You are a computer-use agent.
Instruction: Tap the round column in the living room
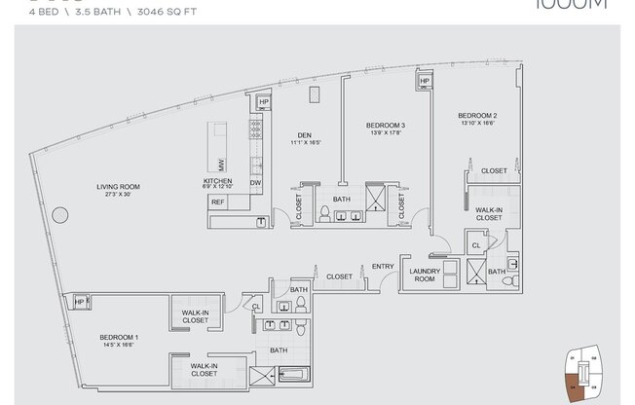coord(60,213)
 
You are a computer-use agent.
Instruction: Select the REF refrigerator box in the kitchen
coord(217,202)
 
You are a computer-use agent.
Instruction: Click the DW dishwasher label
coord(254,182)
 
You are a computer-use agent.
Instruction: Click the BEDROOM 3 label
coord(386,126)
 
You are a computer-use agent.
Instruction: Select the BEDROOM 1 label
coord(119,338)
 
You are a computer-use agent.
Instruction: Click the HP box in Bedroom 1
coord(79,303)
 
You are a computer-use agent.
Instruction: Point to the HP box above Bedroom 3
coord(425,82)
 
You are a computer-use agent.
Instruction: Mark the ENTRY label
coord(382,267)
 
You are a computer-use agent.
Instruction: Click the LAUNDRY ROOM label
coord(426,275)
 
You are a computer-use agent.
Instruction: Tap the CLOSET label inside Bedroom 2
coord(494,170)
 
